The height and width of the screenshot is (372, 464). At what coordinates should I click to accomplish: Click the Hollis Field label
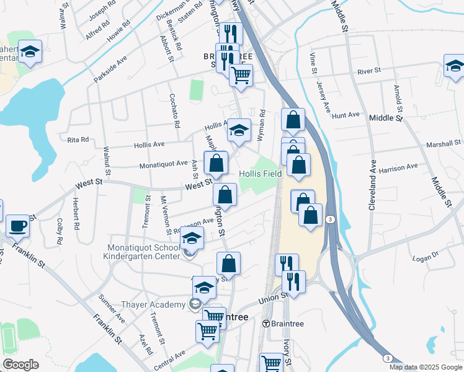[261, 174]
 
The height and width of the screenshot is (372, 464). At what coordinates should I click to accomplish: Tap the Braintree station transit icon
[266, 323]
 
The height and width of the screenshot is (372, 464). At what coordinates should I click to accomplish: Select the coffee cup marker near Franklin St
[17, 226]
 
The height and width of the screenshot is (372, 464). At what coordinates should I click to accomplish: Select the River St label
[368, 71]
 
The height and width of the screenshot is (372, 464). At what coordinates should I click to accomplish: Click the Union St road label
[273, 299]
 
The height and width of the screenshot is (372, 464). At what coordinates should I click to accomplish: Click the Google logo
[20, 365]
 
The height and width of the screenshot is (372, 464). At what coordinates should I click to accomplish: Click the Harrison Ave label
[399, 167]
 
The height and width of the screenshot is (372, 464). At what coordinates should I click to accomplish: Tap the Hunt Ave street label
[346, 115]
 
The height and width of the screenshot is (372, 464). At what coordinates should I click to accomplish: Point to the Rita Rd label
[78, 139]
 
